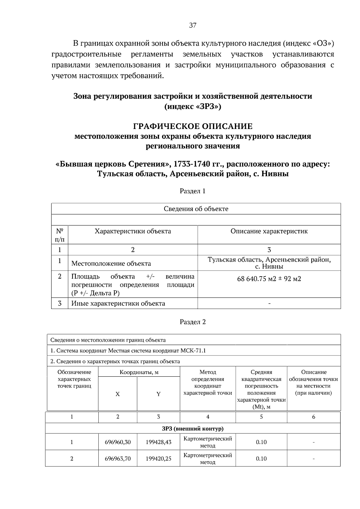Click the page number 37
[193, 25]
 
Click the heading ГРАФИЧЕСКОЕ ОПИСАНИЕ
[193, 126]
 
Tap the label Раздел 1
[193, 191]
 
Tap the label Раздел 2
[193, 322]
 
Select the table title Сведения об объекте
[196, 209]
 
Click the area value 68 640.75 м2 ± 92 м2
[269, 279]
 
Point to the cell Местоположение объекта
[111, 263]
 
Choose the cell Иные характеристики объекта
[118, 303]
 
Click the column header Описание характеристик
[269, 231]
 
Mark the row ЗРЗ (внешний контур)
[193, 428]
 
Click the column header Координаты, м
[139, 372]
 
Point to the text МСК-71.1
[193, 350]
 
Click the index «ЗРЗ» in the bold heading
[208, 106]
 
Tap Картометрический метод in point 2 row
[208, 459]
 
